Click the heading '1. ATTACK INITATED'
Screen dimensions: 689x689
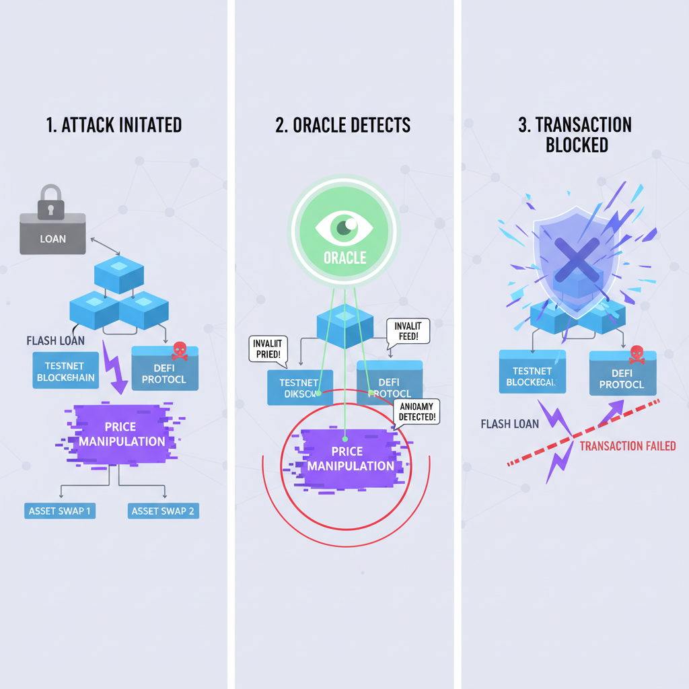coord(115,125)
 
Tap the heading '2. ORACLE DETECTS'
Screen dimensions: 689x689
coord(343,125)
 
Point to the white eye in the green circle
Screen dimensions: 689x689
coord(344,227)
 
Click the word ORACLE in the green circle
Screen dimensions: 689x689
coord(344,258)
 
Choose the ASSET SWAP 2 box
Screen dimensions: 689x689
coord(163,511)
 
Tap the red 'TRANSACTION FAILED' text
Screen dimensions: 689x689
coord(627,446)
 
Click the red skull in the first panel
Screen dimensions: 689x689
coord(179,350)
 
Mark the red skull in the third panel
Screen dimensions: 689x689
coord(635,355)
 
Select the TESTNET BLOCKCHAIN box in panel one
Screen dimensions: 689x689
coord(65,371)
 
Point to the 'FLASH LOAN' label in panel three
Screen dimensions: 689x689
coord(510,424)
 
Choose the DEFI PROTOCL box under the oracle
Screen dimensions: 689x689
coord(390,388)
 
